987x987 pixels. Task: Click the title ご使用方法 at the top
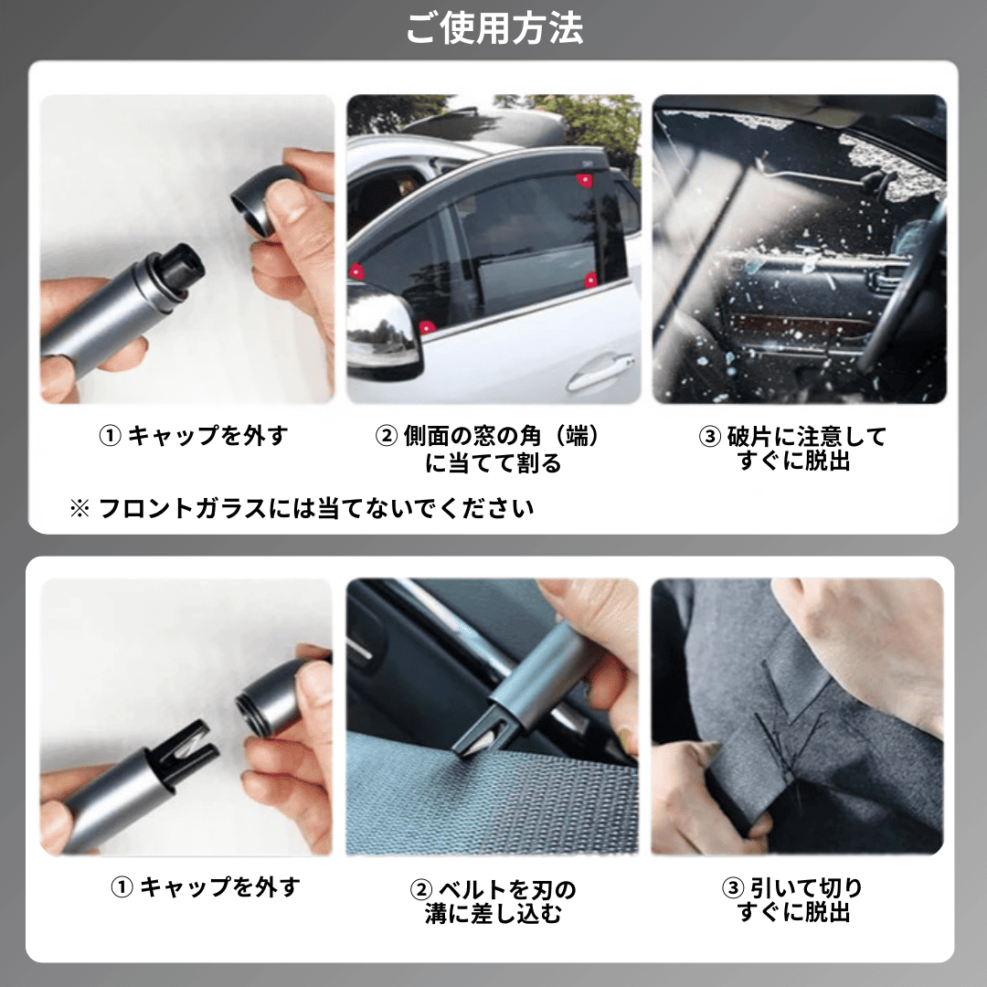click(x=493, y=29)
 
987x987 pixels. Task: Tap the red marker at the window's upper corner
click(x=583, y=179)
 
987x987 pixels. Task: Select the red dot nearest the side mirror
click(x=426, y=327)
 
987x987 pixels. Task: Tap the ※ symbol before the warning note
click(x=80, y=508)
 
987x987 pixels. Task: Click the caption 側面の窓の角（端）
click(x=503, y=436)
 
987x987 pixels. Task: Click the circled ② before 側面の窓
click(x=387, y=436)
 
